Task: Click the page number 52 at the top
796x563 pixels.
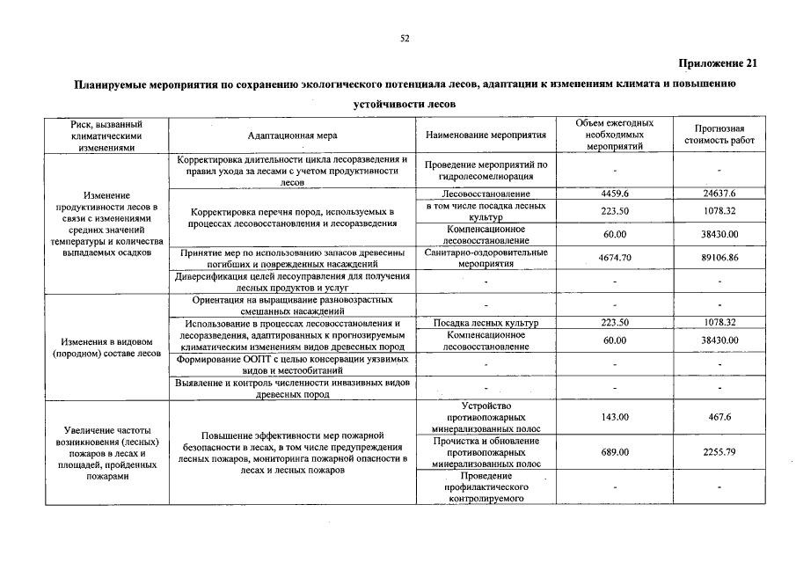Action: pos(405,38)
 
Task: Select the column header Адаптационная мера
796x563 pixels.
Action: pos(292,135)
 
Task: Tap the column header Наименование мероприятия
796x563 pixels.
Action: pos(486,135)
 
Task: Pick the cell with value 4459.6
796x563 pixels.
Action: pos(615,193)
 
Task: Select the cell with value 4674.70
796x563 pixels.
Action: pos(615,258)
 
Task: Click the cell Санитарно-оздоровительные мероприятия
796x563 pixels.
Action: pos(486,257)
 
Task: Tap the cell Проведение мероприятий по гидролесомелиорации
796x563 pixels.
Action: pos(486,171)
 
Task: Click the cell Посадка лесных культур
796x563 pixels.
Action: pos(486,323)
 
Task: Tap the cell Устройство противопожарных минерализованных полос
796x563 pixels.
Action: pos(486,417)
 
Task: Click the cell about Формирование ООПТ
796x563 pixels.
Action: pos(292,365)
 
